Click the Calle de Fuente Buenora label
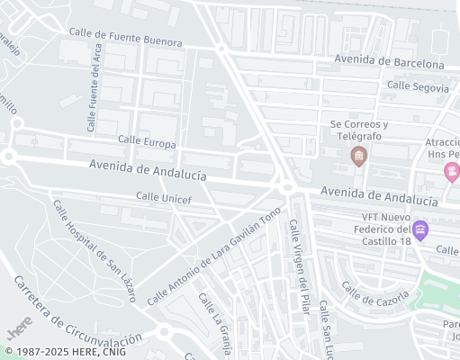pyautogui.click(x=125, y=38)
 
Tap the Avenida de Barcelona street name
pyautogui.click(x=389, y=63)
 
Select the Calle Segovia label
pyautogui.click(x=417, y=87)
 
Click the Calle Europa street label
pyautogui.click(x=147, y=142)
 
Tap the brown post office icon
pyautogui.click(x=358, y=157)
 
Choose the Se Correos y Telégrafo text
pyautogui.click(x=358, y=130)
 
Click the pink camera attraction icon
pyautogui.click(x=452, y=171)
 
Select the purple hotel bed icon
pyautogui.click(x=420, y=229)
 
